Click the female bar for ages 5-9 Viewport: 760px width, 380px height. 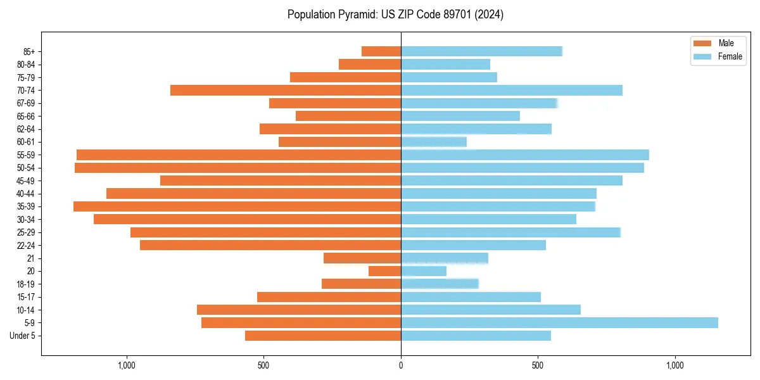[x=559, y=323]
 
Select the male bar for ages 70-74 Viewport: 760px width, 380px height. [x=286, y=91]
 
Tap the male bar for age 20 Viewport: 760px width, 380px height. [x=384, y=271]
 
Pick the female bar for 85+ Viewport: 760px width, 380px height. [x=481, y=51]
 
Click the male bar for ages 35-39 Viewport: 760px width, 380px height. [x=237, y=206]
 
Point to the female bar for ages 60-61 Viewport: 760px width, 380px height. [x=434, y=142]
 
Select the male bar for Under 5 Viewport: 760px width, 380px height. [x=323, y=336]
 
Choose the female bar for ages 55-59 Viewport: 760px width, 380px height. [x=525, y=155]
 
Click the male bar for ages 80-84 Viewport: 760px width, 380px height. [x=370, y=65]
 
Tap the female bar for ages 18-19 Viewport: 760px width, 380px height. [x=440, y=284]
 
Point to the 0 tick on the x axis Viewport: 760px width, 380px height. [x=401, y=365]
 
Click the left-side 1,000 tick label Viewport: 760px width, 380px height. [x=127, y=365]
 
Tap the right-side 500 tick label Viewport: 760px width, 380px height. [x=538, y=365]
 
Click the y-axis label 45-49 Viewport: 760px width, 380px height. [x=26, y=180]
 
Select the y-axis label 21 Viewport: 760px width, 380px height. [x=31, y=258]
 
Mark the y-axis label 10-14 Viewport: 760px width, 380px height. [x=26, y=310]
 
